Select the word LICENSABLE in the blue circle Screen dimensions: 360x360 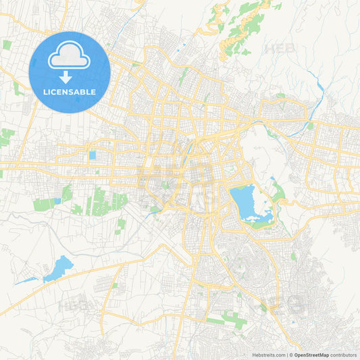pos(70,91)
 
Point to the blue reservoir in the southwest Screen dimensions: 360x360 pos(58,268)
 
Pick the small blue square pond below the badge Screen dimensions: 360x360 pos(92,155)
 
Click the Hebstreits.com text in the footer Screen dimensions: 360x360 pos(267,354)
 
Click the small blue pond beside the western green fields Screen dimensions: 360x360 pos(58,201)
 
